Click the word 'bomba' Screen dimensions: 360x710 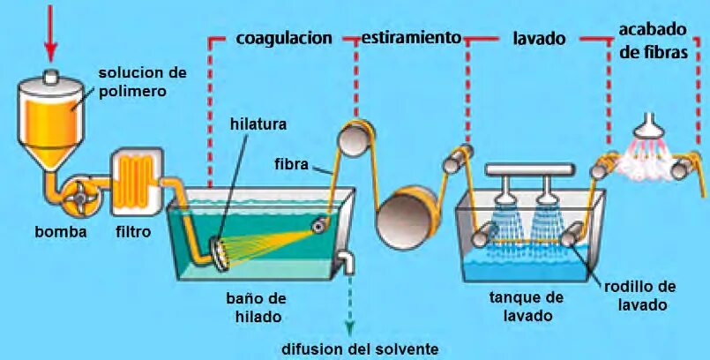click(x=60, y=232)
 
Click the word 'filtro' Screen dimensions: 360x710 click(x=132, y=232)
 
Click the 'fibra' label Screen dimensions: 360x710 click(x=291, y=164)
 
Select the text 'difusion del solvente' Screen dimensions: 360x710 click(x=360, y=348)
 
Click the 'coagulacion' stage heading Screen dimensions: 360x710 click(x=284, y=38)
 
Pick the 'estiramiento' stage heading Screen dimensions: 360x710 click(x=412, y=38)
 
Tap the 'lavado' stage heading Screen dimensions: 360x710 click(x=539, y=39)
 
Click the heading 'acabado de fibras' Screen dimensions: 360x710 click(x=653, y=41)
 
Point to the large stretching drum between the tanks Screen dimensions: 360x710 click(x=407, y=214)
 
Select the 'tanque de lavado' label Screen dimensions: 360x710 click(x=526, y=306)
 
